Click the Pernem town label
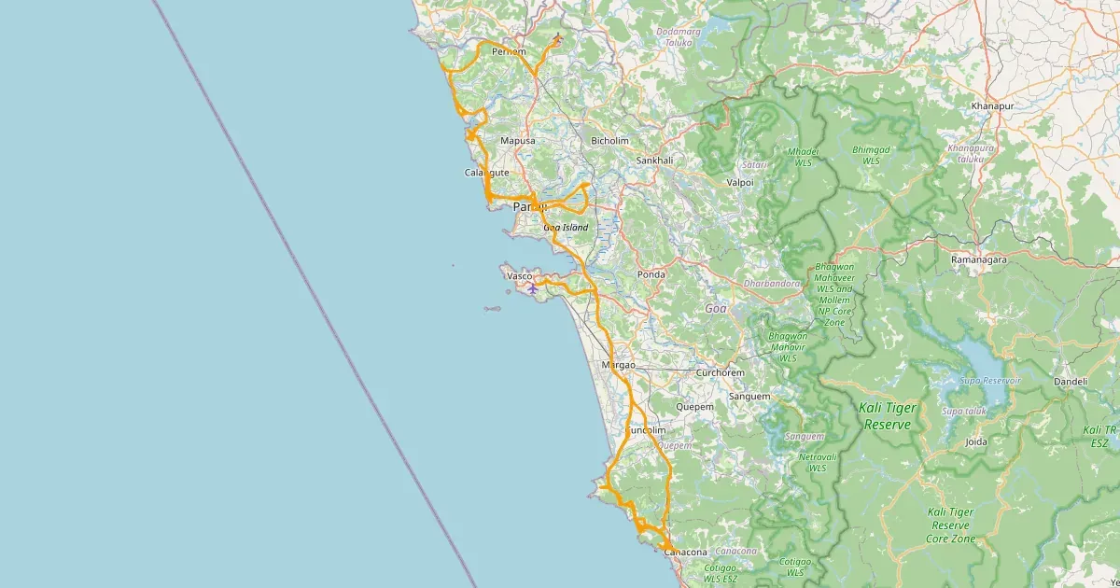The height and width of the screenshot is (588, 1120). point(509,51)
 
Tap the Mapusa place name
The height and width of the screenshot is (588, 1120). point(518,141)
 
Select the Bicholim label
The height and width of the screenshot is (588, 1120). point(610,141)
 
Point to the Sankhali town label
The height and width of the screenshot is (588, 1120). point(654,161)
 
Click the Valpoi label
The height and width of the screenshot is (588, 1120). point(739,183)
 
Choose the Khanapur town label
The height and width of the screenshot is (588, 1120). point(992,106)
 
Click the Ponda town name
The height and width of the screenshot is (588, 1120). point(651,274)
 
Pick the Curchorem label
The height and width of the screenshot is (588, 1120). point(720,372)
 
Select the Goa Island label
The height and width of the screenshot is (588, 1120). point(566,228)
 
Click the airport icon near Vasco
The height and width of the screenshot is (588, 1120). point(532,288)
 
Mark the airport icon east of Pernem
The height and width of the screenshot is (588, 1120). point(557,38)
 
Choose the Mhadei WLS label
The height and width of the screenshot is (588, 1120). point(803,156)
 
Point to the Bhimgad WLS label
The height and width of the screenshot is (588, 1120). point(872,155)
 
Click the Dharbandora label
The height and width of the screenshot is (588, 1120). point(772,283)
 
